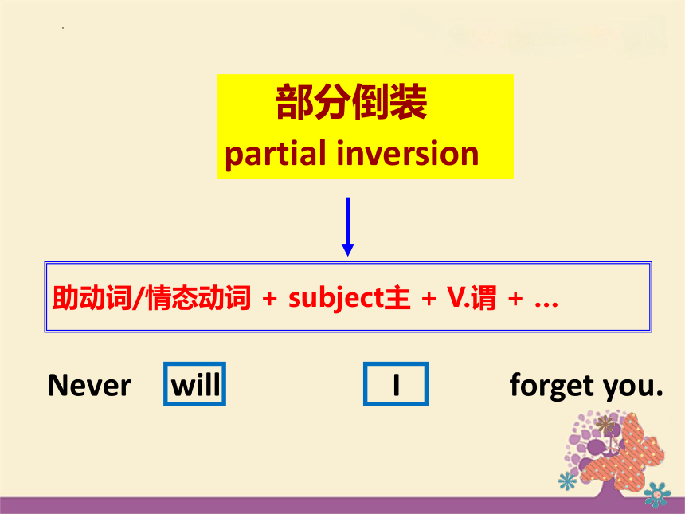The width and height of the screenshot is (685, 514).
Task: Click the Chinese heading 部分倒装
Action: [x=352, y=102]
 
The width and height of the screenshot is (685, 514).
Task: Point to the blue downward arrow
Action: [x=348, y=227]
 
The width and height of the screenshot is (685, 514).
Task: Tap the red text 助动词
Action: [x=92, y=298]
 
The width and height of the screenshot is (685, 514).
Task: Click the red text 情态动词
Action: [x=199, y=298]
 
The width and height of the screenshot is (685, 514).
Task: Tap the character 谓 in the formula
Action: [x=483, y=298]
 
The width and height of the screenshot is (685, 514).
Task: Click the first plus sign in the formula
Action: [x=269, y=299]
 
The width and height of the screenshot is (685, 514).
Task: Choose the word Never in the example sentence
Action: [x=89, y=386]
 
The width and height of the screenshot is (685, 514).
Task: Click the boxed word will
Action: [x=196, y=385]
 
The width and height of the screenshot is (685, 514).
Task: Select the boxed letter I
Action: [x=396, y=385]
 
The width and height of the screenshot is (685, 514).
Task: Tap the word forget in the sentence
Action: [x=553, y=386]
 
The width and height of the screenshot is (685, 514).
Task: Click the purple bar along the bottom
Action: [x=342, y=506]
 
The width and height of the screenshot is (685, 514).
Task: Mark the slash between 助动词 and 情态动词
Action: [x=139, y=298]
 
